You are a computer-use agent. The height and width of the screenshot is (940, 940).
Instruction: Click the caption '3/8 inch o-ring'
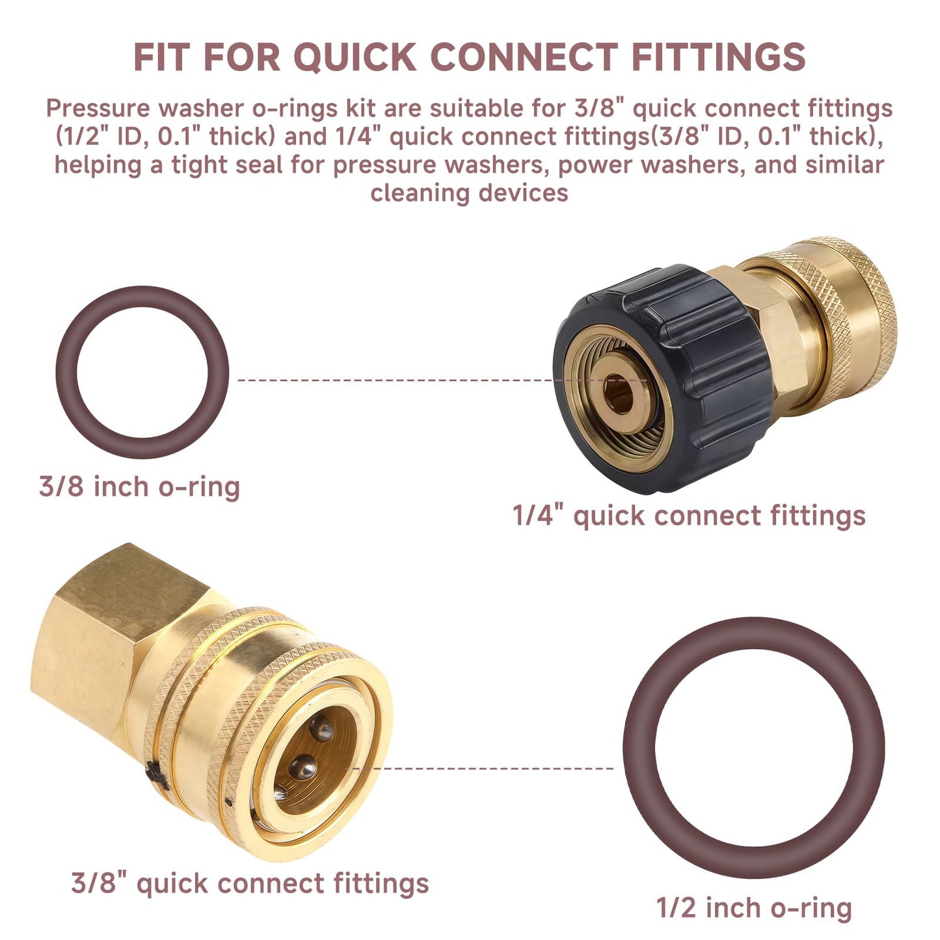click(x=139, y=487)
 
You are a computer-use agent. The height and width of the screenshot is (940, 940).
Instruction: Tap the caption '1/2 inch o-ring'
click(x=753, y=907)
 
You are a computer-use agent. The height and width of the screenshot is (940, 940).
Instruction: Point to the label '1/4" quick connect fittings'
click(x=689, y=516)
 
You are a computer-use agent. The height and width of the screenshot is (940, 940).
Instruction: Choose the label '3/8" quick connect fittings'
click(x=250, y=883)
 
